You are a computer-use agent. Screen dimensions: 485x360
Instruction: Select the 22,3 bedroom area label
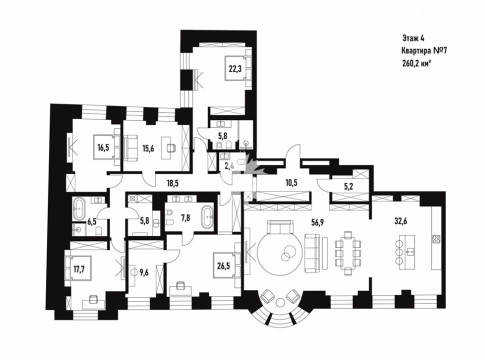point(235,69)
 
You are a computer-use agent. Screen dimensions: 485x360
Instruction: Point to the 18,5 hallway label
point(174,183)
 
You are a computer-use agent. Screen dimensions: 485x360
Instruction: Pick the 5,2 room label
point(349,187)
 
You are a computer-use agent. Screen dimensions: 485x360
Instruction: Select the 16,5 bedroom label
point(104,148)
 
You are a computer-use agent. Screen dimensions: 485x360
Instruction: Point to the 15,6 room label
point(148,149)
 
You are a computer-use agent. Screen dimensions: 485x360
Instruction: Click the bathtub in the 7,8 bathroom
point(207,217)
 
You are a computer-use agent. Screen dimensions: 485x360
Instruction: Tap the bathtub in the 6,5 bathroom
point(79,209)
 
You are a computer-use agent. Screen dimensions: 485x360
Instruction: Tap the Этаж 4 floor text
point(413,38)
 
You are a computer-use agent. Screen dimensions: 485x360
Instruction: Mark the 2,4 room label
point(228,166)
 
